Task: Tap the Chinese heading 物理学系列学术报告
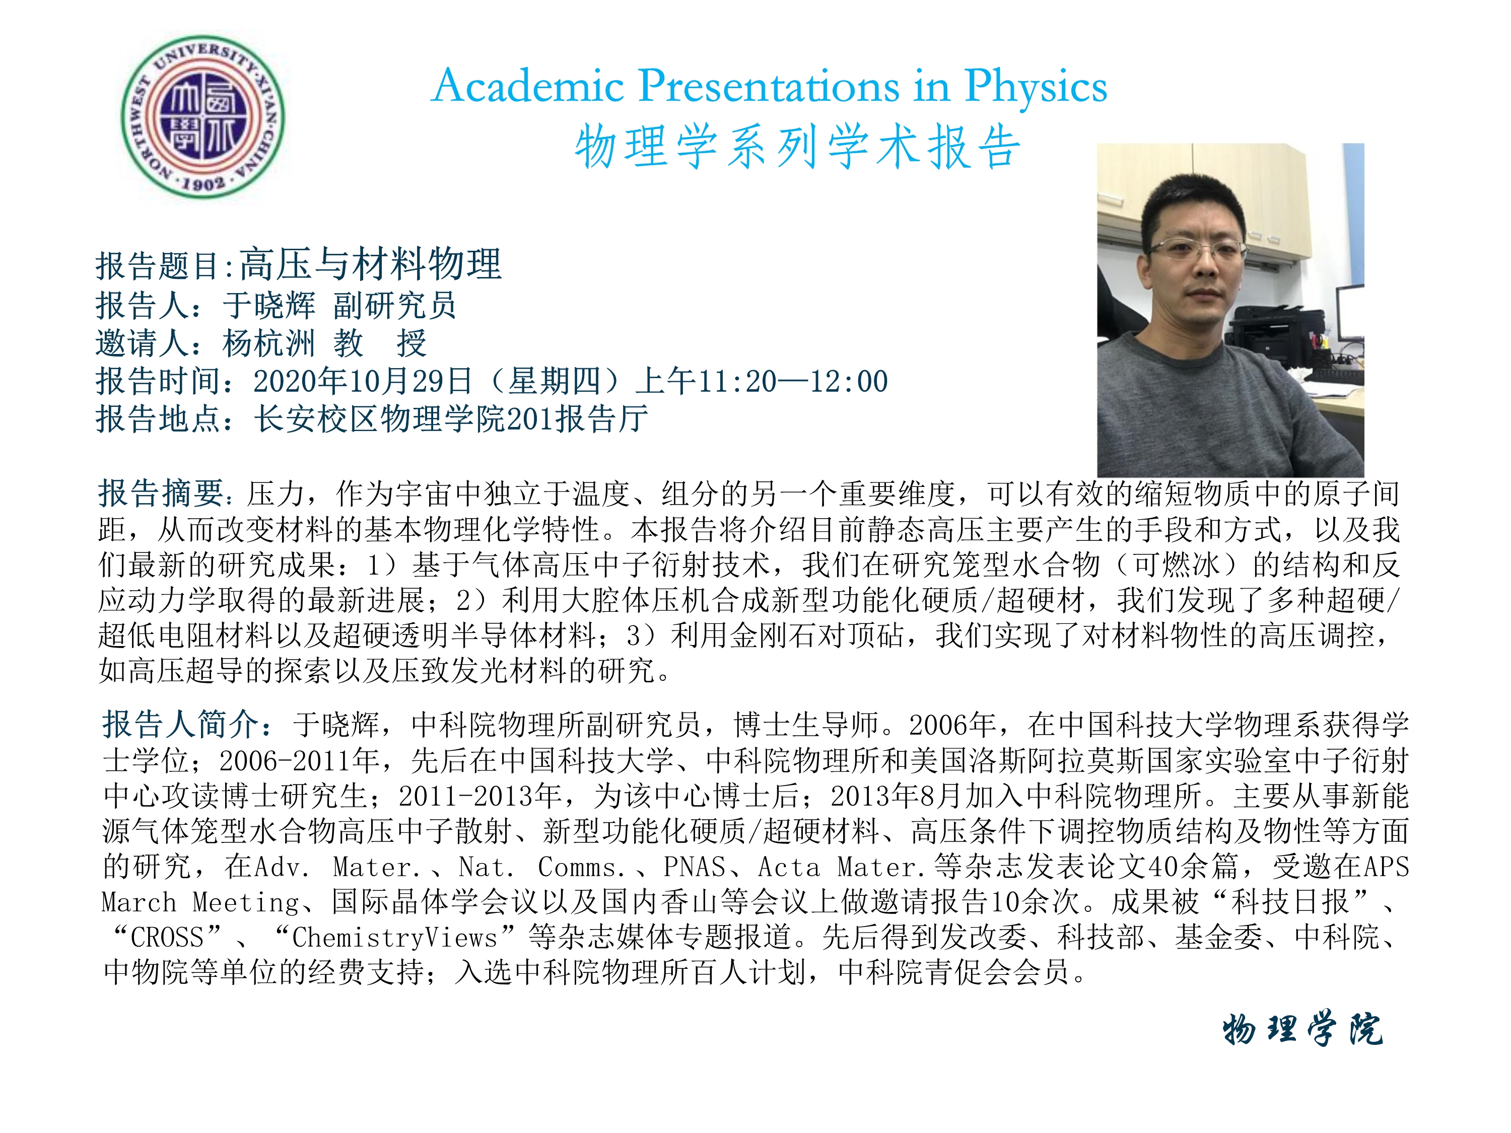click(x=797, y=147)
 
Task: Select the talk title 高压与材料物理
click(x=371, y=264)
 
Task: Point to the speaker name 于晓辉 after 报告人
click(x=268, y=305)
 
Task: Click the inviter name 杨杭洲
click(x=268, y=343)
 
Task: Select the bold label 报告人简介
click(x=180, y=724)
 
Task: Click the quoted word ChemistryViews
click(x=395, y=938)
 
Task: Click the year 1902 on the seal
click(x=203, y=183)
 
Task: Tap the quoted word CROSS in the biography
click(x=167, y=938)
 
